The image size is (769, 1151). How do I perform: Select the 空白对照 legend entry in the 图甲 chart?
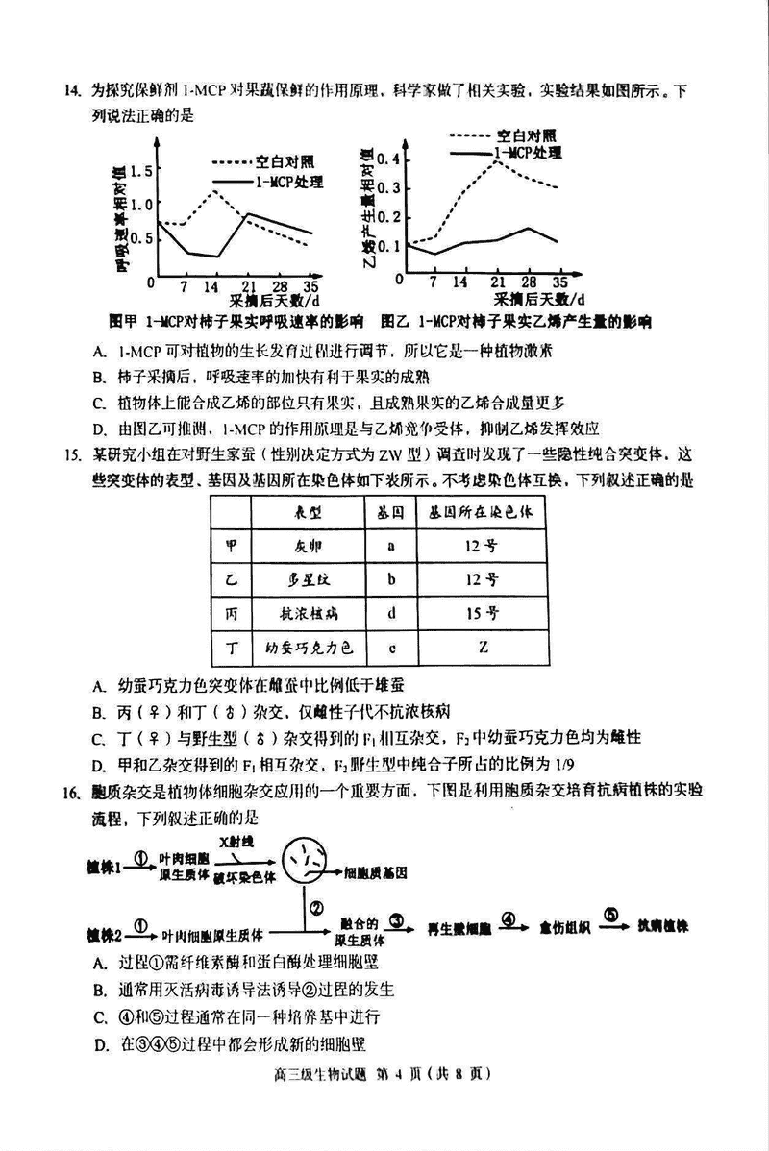coord(284,161)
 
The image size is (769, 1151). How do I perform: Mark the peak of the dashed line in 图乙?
coord(497,160)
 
